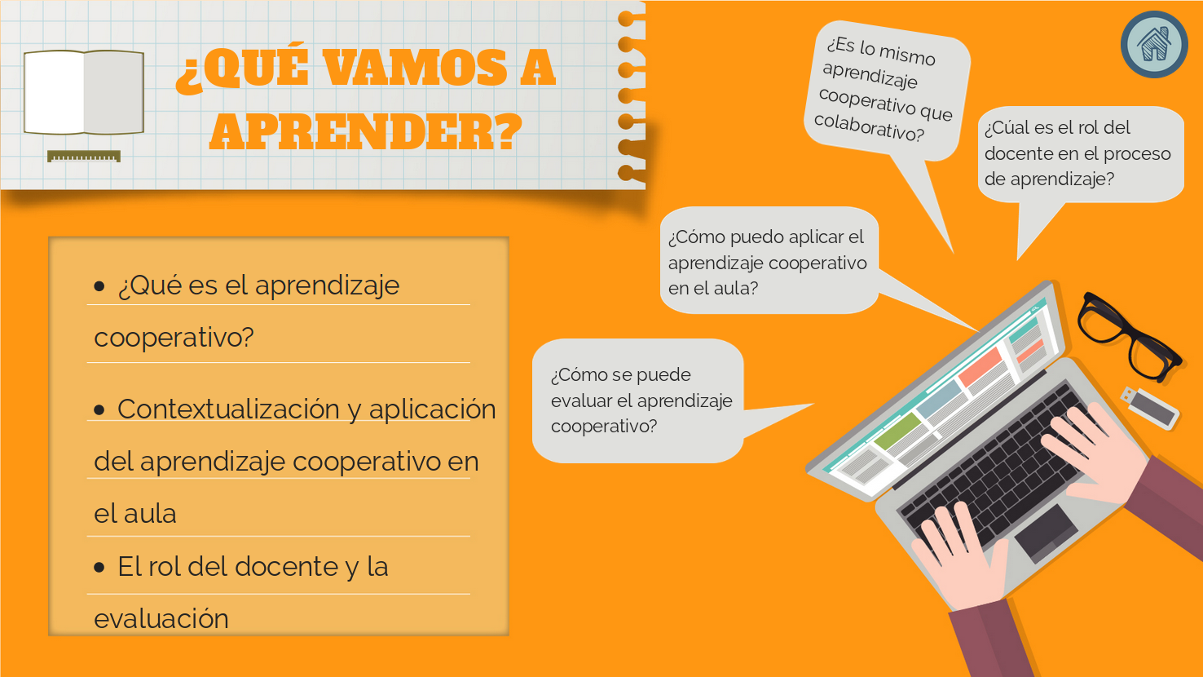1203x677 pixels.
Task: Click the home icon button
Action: [1154, 45]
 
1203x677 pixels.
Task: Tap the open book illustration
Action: [84, 92]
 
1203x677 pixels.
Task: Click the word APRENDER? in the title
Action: [366, 132]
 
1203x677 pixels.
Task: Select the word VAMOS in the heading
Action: [416, 68]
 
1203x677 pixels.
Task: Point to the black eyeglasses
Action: [1128, 337]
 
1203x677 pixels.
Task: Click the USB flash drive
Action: [1150, 408]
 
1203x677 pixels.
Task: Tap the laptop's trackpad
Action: [1046, 533]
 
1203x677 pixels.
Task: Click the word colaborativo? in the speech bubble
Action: [869, 128]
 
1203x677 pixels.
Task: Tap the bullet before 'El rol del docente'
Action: [99, 568]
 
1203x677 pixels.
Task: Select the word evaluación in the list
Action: [161, 619]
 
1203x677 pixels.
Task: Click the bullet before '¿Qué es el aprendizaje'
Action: [99, 285]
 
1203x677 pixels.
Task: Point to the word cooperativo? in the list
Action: [174, 338]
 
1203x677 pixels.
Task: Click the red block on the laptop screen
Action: [980, 366]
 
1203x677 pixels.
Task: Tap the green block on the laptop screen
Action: [898, 431]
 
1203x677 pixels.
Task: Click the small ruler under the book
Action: [84, 156]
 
